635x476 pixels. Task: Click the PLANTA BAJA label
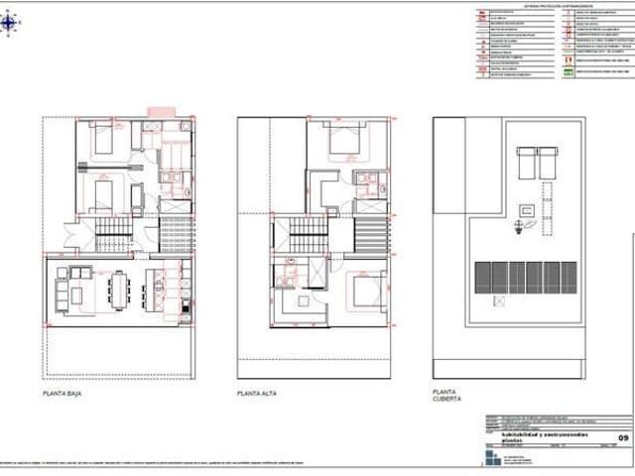pos(62,394)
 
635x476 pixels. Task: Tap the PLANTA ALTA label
pos(256,394)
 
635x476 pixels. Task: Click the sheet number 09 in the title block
pos(623,437)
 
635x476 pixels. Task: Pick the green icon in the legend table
pos(569,72)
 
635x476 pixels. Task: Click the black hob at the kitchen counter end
pos(185,309)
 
